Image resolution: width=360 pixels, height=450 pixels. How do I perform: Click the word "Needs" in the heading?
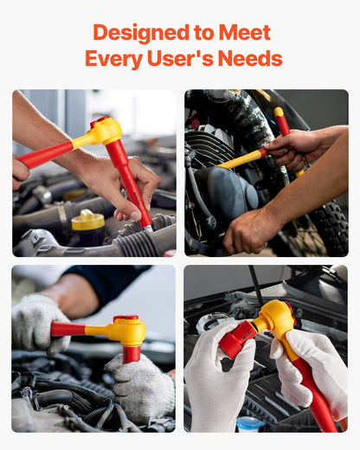[254, 59]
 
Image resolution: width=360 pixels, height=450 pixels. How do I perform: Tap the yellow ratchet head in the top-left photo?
[103, 131]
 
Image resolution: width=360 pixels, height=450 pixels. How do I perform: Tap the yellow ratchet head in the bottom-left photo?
[125, 329]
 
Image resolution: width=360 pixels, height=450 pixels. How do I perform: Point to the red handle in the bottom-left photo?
[69, 329]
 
